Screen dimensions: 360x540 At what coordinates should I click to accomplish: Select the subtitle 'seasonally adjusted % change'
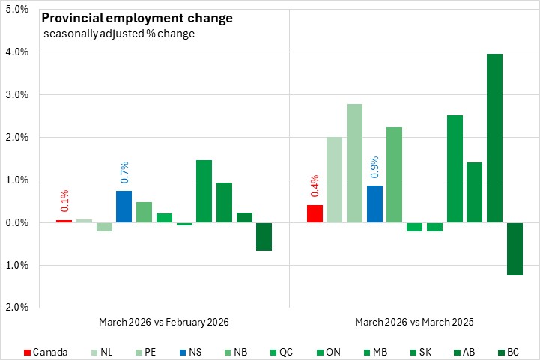tap(120, 34)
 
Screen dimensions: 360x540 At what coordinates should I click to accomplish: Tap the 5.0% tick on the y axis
tap(16, 10)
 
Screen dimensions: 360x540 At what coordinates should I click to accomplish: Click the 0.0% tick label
tap(16, 223)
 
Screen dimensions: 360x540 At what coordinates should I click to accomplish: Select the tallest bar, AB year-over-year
tap(494, 138)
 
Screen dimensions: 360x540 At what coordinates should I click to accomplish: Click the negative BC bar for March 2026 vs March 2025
tap(515, 248)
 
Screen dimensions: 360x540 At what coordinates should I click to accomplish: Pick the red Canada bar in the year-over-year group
tap(315, 214)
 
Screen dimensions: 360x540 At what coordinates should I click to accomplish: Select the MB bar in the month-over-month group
tap(204, 192)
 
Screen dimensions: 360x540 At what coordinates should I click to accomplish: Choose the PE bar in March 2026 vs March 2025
tap(354, 163)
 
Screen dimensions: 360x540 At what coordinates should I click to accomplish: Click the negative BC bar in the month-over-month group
tap(264, 237)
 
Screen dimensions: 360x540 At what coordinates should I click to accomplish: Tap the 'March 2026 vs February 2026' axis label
tap(163, 322)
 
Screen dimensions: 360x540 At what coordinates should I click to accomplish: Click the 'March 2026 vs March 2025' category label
tap(413, 322)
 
